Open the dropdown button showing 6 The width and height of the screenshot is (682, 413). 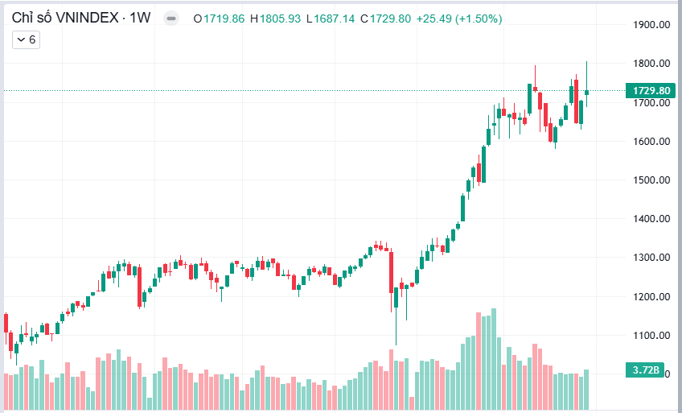[27, 39]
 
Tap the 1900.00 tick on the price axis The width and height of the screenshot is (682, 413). [651, 25]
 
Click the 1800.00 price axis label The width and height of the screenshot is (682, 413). [651, 64]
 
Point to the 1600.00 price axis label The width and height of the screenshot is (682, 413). [651, 142]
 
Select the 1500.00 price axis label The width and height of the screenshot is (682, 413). [651, 180]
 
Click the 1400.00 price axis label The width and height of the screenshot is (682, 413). [651, 219]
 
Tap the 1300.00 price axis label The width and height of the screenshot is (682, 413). [651, 258]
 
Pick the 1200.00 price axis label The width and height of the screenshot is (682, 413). [651, 297]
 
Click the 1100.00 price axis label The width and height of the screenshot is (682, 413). [651, 336]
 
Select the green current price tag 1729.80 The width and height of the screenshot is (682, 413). [651, 91]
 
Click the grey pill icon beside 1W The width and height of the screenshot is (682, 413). [171, 18]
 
